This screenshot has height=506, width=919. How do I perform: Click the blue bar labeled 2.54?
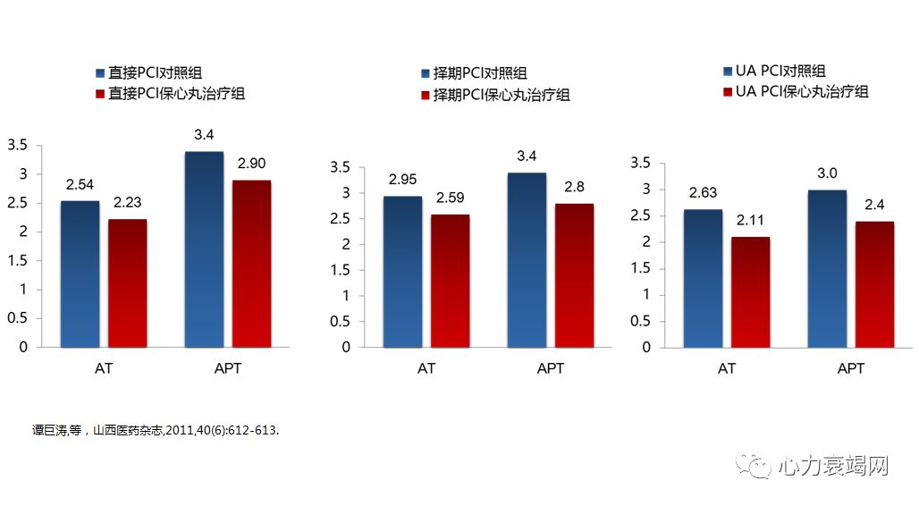[x=80, y=274]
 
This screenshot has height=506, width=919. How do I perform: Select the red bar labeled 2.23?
[x=127, y=283]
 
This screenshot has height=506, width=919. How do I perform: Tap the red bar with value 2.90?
[x=251, y=264]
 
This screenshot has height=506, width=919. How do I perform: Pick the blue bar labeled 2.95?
[x=402, y=272]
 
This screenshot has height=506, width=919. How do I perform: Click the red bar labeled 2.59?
[x=450, y=281]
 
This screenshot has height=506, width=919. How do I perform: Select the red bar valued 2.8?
[x=574, y=275]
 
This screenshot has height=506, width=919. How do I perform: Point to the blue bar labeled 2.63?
[x=703, y=278]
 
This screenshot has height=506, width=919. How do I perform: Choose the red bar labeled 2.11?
[x=750, y=291]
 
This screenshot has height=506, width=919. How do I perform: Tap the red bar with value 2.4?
[x=874, y=284]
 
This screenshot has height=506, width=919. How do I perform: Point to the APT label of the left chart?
[x=229, y=368]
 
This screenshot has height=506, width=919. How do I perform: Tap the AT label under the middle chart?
[x=426, y=368]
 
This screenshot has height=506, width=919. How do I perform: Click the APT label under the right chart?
[x=851, y=368]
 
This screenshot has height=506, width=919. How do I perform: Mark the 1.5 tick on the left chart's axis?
[x=18, y=260]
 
